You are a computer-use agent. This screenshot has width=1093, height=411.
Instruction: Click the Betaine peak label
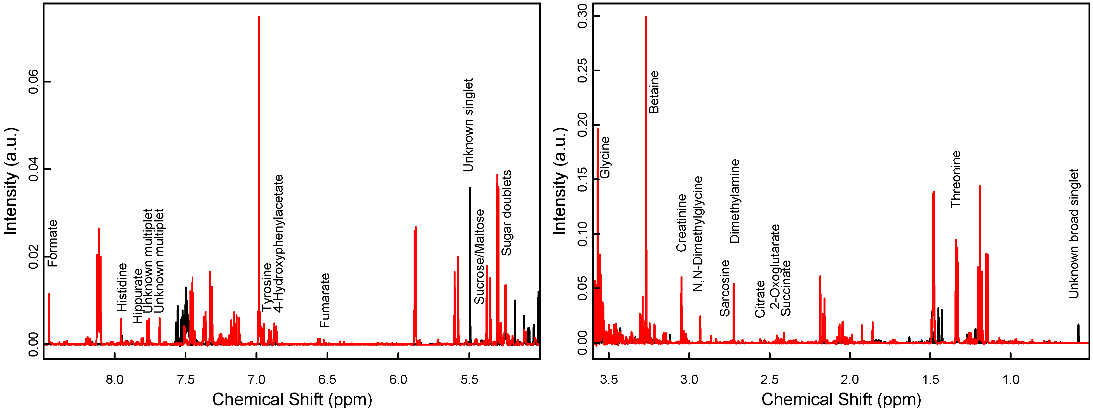click(x=654, y=92)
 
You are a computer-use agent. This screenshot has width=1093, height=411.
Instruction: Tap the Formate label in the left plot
click(x=52, y=244)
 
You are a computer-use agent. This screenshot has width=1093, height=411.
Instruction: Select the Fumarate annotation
click(x=325, y=300)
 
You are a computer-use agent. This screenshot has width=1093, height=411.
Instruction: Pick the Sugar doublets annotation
click(x=506, y=213)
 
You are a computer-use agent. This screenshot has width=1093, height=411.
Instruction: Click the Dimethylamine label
click(x=735, y=201)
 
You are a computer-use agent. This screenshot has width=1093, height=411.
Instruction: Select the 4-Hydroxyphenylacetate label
click(x=278, y=244)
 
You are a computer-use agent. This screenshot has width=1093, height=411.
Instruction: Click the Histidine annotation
click(x=122, y=287)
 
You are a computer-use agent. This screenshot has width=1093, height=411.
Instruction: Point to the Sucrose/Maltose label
click(x=479, y=257)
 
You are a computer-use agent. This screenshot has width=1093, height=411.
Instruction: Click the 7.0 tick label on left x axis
click(x=256, y=379)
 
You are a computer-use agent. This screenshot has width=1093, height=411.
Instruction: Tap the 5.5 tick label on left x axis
click(x=469, y=379)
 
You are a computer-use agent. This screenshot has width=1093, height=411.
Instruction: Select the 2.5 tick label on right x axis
click(x=769, y=379)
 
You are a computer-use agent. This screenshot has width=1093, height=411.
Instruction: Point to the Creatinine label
click(x=681, y=223)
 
